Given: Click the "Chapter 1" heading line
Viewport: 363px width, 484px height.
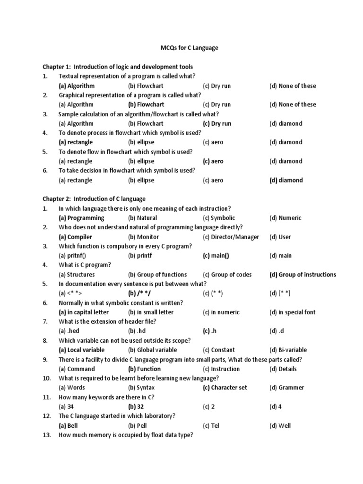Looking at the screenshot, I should (x=118, y=67).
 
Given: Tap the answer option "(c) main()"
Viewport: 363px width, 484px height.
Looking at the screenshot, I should (x=216, y=256).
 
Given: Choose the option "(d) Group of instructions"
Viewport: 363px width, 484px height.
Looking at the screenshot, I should (x=302, y=275).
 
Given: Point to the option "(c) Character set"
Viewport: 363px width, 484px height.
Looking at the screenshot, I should (x=225, y=388).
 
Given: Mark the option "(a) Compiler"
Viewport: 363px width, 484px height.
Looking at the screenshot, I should (x=75, y=237).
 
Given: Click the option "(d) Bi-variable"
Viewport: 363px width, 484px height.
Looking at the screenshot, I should (x=288, y=350).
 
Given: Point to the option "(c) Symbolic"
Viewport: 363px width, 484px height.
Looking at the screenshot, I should (x=219, y=218).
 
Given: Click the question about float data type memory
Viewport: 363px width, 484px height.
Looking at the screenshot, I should (x=126, y=435).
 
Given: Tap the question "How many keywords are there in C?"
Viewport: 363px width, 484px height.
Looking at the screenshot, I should (x=106, y=397).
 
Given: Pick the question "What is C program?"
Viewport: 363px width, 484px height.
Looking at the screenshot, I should (x=85, y=265).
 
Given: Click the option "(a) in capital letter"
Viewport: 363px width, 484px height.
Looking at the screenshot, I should (x=84, y=312).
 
